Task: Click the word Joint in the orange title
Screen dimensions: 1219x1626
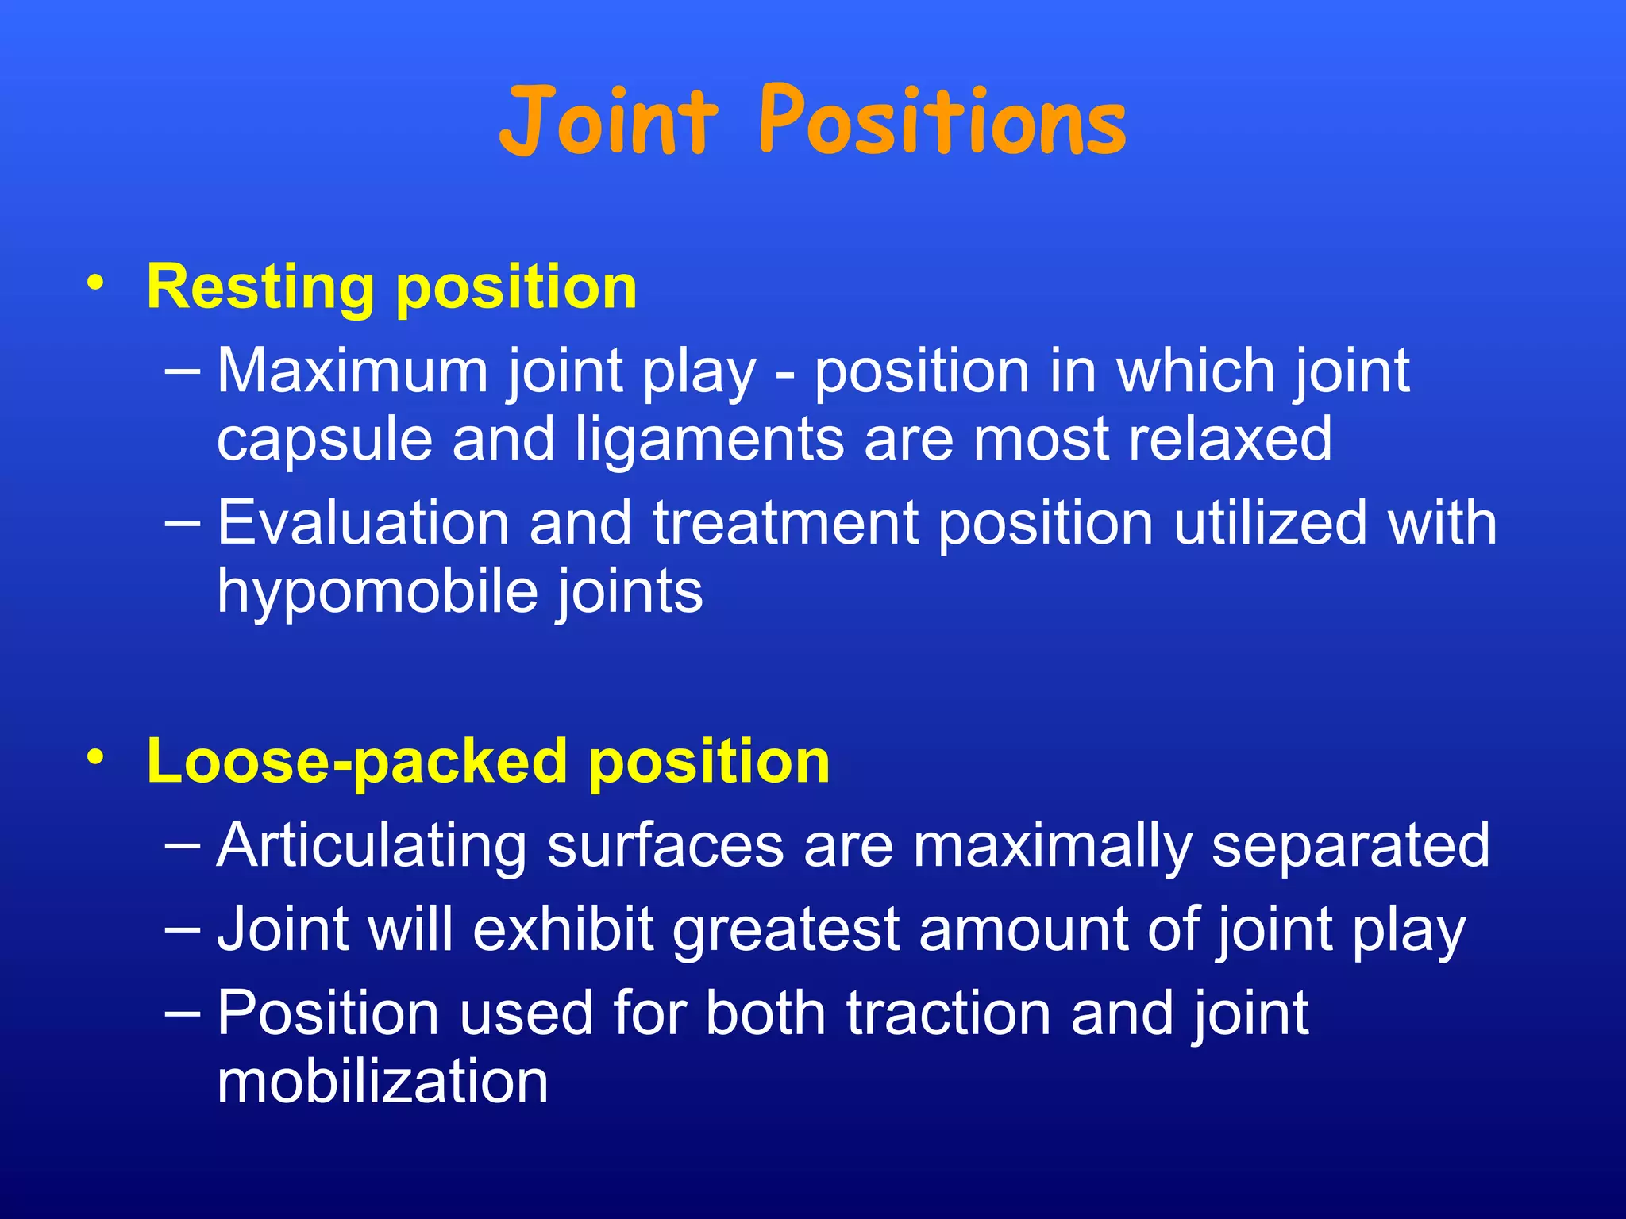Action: (x=608, y=121)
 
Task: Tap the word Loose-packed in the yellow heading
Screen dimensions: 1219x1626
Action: (x=357, y=763)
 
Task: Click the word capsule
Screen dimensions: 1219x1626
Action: (x=325, y=441)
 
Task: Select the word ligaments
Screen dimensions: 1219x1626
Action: (x=709, y=441)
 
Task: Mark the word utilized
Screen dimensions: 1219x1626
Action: (x=1270, y=523)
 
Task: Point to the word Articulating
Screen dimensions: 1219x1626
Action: (x=372, y=847)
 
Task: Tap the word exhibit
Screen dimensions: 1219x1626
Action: (x=563, y=929)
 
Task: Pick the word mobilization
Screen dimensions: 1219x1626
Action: (x=383, y=1082)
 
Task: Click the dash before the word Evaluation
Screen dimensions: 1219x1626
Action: (x=183, y=524)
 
